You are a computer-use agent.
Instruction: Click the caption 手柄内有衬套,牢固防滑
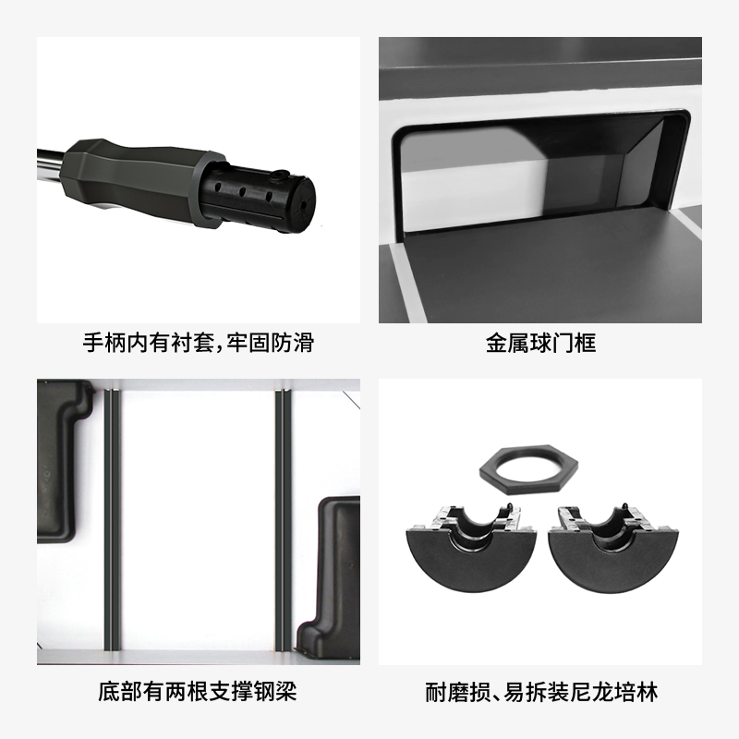(199, 343)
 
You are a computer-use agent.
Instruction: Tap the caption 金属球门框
(540, 343)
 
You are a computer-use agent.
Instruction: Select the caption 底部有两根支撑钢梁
(198, 691)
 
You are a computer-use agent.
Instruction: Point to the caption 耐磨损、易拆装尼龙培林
(541, 692)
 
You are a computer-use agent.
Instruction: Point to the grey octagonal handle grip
(137, 179)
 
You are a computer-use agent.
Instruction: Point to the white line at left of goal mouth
(408, 284)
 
